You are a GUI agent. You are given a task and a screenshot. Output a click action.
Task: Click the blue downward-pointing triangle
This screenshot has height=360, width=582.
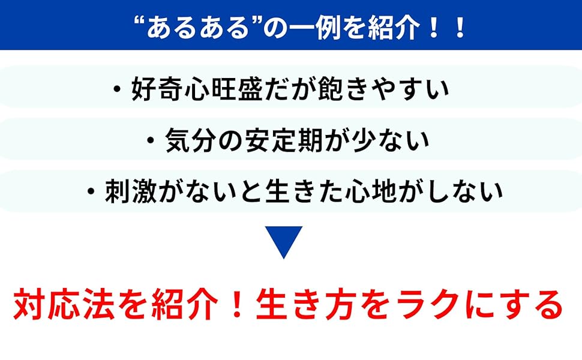pyautogui.click(x=284, y=241)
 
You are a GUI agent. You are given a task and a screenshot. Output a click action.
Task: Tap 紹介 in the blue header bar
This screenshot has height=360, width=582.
pyautogui.click(x=386, y=28)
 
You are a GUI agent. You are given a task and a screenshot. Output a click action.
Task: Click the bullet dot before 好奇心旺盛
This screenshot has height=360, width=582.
pyautogui.click(x=116, y=91)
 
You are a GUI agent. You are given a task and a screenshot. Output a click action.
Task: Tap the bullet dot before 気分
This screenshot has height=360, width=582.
pyautogui.click(x=151, y=141)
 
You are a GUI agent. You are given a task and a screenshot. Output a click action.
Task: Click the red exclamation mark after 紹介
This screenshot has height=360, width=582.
pyautogui.click(x=235, y=305)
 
